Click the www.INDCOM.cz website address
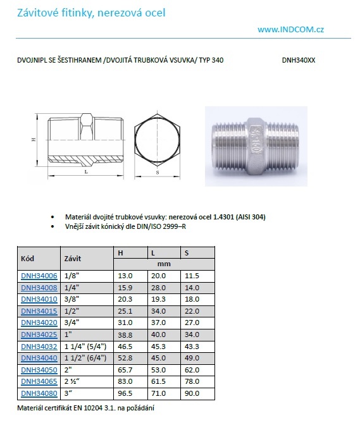(x=290, y=29)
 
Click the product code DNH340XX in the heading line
(x=299, y=60)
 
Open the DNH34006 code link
(x=39, y=276)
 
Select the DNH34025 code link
(x=39, y=335)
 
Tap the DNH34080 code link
(x=39, y=393)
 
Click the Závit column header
(x=73, y=259)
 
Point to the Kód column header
(x=27, y=259)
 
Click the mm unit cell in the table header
(x=164, y=264)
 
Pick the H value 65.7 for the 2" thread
(x=125, y=370)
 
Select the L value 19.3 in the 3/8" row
(x=158, y=299)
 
